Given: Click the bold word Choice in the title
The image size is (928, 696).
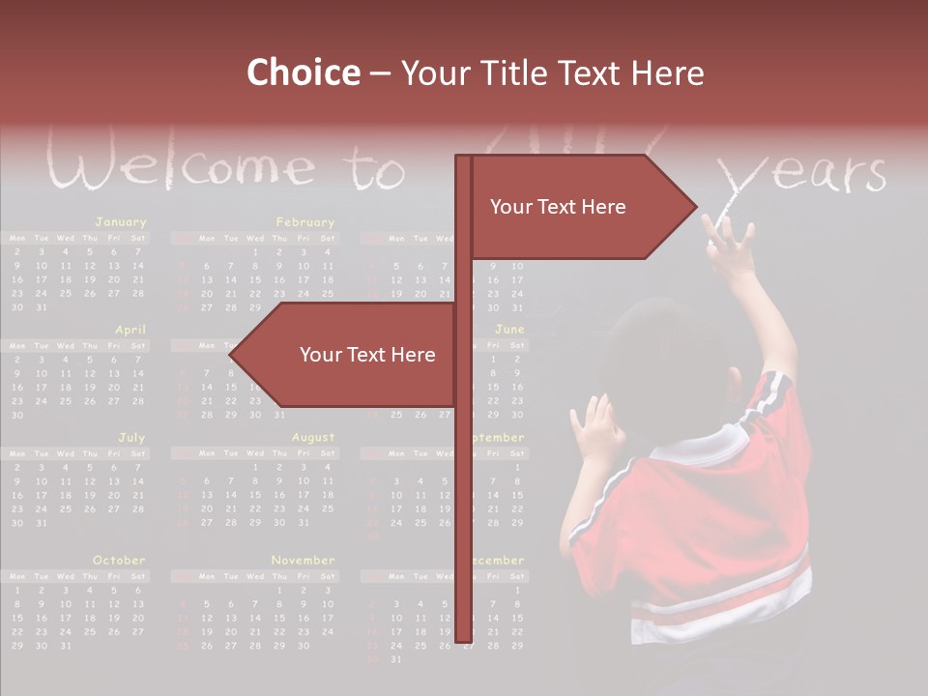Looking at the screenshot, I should (302, 73).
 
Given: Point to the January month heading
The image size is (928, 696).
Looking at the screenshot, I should (121, 222).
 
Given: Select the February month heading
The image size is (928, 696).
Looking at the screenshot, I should (304, 222).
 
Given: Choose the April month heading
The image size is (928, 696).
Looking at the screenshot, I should (130, 330).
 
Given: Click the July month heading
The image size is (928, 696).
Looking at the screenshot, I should (131, 438).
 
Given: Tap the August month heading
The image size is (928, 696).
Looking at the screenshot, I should (313, 438).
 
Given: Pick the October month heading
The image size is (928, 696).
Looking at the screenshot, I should (119, 561).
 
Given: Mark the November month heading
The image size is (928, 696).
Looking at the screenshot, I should (303, 561).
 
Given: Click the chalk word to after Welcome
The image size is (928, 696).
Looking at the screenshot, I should (378, 170).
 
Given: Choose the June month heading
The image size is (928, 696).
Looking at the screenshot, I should (509, 330).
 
